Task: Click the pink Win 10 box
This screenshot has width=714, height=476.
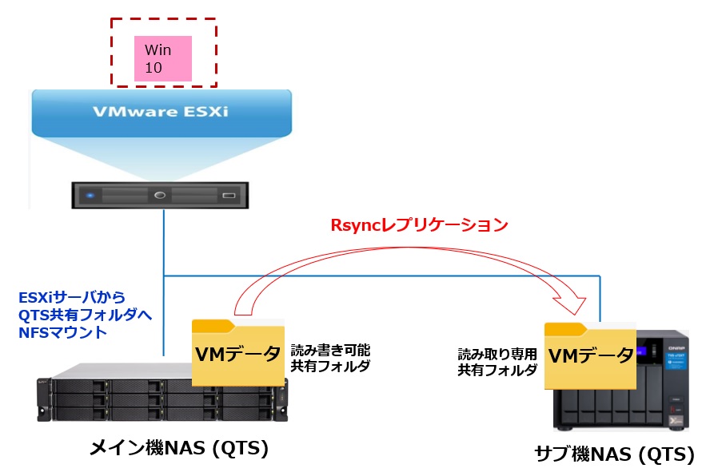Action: pos(163,58)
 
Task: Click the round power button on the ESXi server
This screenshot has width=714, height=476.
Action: pos(160,195)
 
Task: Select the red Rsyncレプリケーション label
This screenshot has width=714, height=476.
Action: pos(419,225)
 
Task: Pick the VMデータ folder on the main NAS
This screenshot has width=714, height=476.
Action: pos(238,352)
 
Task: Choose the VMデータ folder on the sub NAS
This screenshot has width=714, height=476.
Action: pos(589,355)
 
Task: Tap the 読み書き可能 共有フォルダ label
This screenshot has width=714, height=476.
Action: pos(329,358)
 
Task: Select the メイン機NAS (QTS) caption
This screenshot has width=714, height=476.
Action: pos(178,449)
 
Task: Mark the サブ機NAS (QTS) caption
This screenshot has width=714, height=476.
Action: pos(614,455)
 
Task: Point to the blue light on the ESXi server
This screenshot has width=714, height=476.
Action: pos(90,195)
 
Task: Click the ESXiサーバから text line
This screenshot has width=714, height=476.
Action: pos(72,298)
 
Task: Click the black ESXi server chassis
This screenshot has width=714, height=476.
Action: pos(160,196)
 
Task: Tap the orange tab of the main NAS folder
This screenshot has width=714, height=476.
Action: pos(213,325)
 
